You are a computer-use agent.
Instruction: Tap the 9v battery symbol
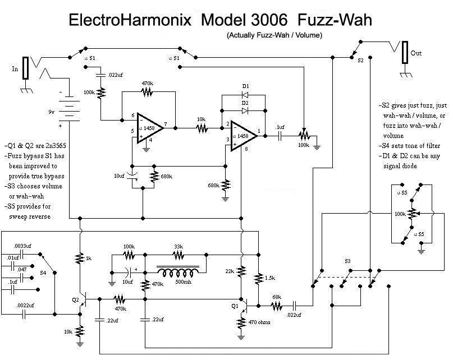pos(68,107)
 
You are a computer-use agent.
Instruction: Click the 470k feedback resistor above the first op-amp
pos(147,91)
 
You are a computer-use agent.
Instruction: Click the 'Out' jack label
pos(417,53)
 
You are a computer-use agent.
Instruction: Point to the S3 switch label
pos(347,261)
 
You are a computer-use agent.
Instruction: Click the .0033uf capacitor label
pos(23,245)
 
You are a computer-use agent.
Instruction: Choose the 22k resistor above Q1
pos(242,272)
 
